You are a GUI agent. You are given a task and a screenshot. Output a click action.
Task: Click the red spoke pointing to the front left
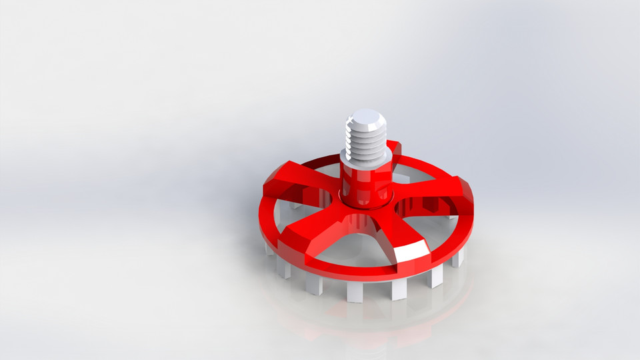click(313, 230)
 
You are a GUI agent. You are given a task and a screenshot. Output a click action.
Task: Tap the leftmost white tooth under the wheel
click(269, 249)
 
